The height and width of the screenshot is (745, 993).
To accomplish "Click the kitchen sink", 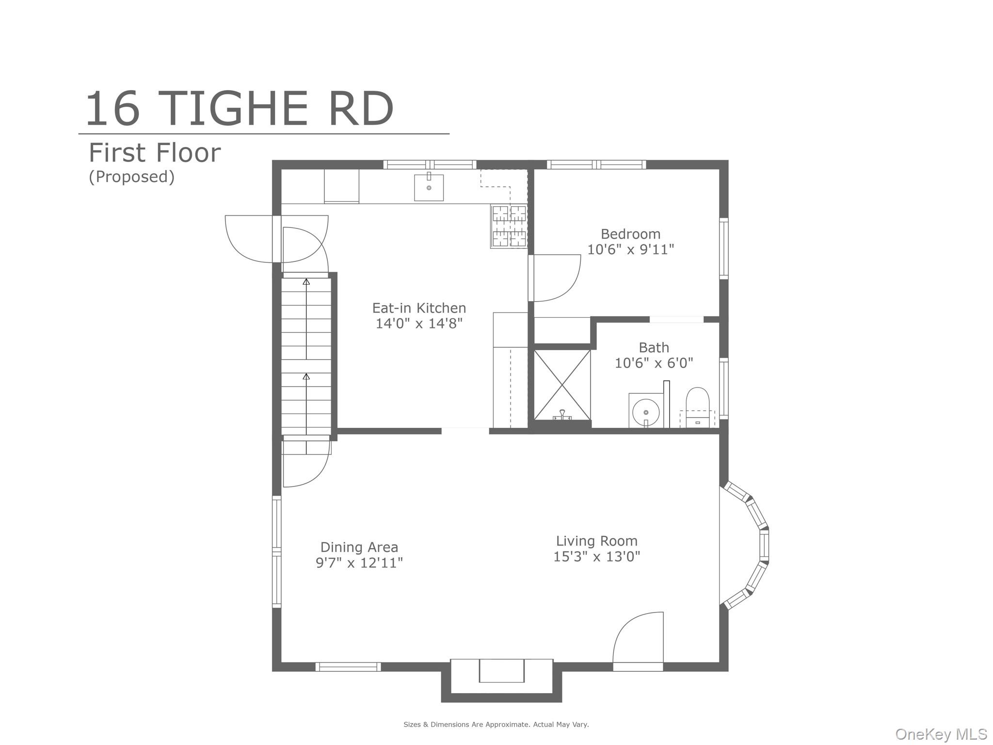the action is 429,187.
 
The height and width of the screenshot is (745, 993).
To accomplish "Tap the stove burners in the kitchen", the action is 509,227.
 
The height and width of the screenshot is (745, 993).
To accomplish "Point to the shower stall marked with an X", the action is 562,385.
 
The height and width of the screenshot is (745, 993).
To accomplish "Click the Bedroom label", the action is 630,234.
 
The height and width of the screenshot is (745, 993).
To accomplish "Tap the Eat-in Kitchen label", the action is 419,308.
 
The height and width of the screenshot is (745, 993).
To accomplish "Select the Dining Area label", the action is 359,547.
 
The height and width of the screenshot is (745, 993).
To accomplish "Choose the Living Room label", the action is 596,541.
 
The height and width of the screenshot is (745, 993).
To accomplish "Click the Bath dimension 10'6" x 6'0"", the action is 654,363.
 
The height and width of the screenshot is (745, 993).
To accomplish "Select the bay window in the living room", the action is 745,545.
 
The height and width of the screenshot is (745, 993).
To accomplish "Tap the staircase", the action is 306,356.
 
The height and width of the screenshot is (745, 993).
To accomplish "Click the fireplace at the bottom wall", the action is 501,679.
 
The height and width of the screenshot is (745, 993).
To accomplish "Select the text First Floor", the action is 155,153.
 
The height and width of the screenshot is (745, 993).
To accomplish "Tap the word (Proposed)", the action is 131,177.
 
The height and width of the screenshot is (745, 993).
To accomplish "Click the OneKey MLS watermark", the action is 942,734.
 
